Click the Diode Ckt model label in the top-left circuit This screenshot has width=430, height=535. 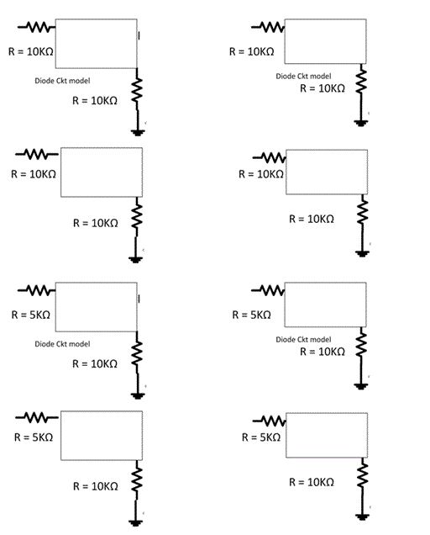click(x=62, y=81)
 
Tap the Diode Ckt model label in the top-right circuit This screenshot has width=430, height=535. click(x=303, y=76)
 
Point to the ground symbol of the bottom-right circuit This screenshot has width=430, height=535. click(x=362, y=516)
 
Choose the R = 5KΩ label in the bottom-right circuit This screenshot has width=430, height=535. click(x=261, y=437)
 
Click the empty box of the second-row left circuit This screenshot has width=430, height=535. click(x=101, y=172)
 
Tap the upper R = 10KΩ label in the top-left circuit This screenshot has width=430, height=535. click(x=32, y=51)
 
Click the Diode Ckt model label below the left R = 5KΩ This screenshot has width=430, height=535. click(x=62, y=344)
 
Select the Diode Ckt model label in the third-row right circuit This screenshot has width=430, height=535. click(x=303, y=339)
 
